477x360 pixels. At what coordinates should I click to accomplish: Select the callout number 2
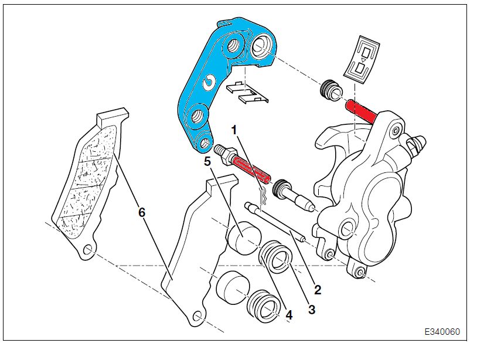click(317, 288)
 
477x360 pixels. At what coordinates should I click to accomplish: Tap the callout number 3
click(311, 309)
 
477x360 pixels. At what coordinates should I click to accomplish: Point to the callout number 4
click(288, 315)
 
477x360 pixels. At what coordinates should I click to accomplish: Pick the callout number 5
click(207, 159)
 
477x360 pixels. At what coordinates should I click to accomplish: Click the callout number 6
click(141, 213)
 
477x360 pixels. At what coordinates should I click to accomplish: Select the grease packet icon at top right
click(364, 59)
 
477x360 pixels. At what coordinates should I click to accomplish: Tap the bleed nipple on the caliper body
click(418, 143)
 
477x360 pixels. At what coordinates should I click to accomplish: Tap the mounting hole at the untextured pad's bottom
click(198, 317)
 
